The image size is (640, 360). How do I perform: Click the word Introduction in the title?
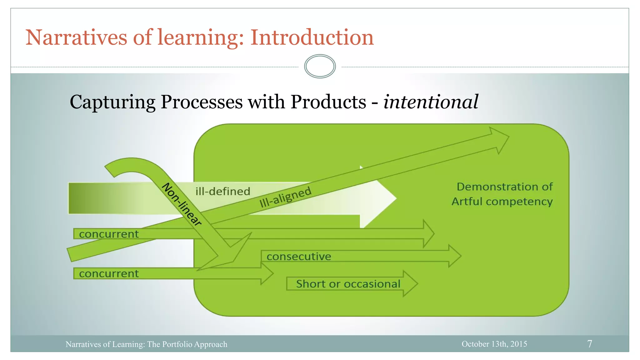tap(312, 37)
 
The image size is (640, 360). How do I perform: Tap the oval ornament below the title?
tap(320, 66)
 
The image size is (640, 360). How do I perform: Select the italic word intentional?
tap(431, 102)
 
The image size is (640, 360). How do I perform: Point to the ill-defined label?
tap(223, 191)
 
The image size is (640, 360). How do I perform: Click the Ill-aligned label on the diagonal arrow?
tap(285, 197)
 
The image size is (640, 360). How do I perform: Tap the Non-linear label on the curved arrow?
tap(182, 204)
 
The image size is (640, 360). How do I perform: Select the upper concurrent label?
tap(108, 234)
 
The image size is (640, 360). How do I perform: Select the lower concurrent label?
tap(108, 274)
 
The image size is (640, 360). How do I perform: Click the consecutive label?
tap(299, 257)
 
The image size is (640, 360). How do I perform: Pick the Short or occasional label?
tap(348, 284)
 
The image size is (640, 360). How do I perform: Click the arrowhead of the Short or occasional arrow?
tap(410, 284)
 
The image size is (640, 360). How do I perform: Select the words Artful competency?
tap(502, 202)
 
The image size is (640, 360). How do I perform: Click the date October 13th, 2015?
tap(494, 344)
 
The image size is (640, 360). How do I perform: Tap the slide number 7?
tap(589, 344)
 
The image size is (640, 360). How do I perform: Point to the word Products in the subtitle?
tap(328, 102)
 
